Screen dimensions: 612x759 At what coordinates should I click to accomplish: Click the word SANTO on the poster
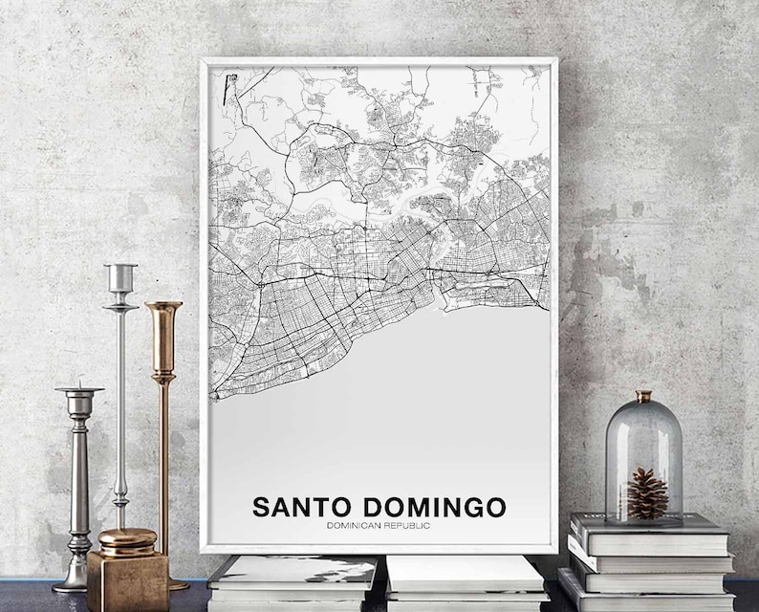coord(296,507)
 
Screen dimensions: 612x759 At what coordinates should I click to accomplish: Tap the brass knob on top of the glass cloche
coord(643,396)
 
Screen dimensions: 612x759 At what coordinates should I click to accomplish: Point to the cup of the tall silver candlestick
coord(120,278)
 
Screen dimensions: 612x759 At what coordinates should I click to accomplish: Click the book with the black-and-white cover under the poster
coord(292,574)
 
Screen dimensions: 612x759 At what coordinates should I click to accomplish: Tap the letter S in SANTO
coord(259,507)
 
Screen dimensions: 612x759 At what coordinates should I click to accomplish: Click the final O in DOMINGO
coord(496,507)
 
